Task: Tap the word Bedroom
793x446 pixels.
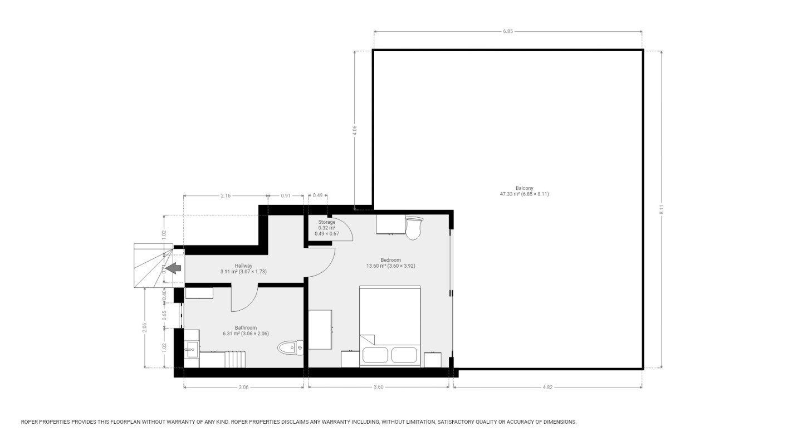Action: coord(390,260)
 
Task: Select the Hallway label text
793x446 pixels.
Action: coord(243,266)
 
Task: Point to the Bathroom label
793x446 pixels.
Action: coord(246,328)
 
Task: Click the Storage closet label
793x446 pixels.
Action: coord(326,222)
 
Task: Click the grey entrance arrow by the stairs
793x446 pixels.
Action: coord(174,268)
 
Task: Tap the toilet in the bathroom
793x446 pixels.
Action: coord(290,348)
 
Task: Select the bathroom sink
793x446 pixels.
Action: coord(192,350)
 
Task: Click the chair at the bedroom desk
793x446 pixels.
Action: coord(413,228)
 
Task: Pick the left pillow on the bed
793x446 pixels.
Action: coord(375,355)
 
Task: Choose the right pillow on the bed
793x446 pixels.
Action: coord(404,355)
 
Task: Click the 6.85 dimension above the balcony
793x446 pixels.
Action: coord(507,32)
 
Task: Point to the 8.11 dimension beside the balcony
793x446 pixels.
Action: coord(662,210)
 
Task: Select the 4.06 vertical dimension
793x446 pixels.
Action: coord(355,130)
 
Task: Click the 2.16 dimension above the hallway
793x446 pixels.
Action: coord(226,195)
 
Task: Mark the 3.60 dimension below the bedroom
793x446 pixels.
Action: coord(378,388)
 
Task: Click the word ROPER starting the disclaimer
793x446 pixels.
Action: coord(30,422)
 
